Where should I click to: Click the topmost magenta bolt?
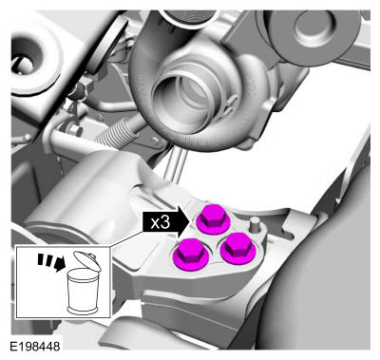(214, 219)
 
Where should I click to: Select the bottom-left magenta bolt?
(191, 255)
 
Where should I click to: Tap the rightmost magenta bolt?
(238, 248)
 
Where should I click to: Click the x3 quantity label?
(161, 223)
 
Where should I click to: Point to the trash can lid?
(87, 260)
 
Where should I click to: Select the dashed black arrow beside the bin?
(51, 261)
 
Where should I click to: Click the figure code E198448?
(35, 346)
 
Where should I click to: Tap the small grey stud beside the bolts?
(254, 225)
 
